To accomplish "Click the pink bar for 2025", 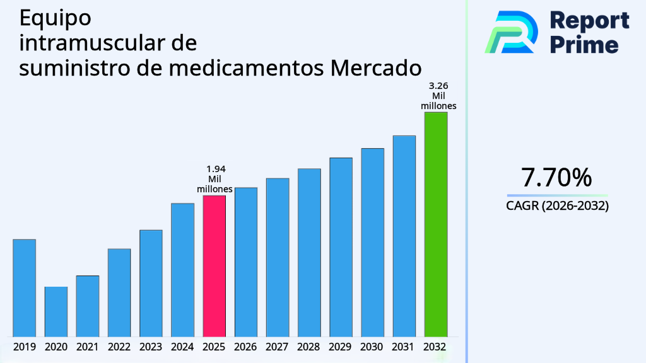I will (214, 265).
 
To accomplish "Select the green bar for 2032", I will (435, 224).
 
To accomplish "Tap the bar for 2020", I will (56, 311).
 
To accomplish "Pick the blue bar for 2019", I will (24, 287).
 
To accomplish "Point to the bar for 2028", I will (309, 252).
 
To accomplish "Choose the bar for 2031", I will (404, 236).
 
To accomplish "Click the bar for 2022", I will (119, 292).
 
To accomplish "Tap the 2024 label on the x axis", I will (182, 347).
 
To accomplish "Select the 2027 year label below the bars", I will (278, 347).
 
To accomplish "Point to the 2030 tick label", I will (372, 347).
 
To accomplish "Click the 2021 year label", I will (88, 347).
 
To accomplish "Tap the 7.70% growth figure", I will (556, 178).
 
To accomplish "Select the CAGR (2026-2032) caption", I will (557, 205).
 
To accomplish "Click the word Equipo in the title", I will (55, 19).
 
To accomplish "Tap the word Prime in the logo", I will (584, 44).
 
